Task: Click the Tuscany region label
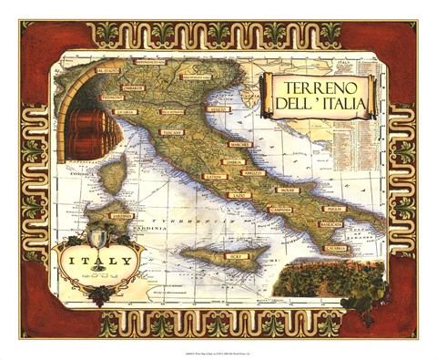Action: [173, 132]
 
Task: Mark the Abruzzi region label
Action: [252, 172]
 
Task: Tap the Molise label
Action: [288, 190]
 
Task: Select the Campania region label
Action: [280, 210]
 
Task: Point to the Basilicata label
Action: [330, 223]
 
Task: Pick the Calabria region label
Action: [334, 248]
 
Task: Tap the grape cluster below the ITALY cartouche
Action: [98, 293]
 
